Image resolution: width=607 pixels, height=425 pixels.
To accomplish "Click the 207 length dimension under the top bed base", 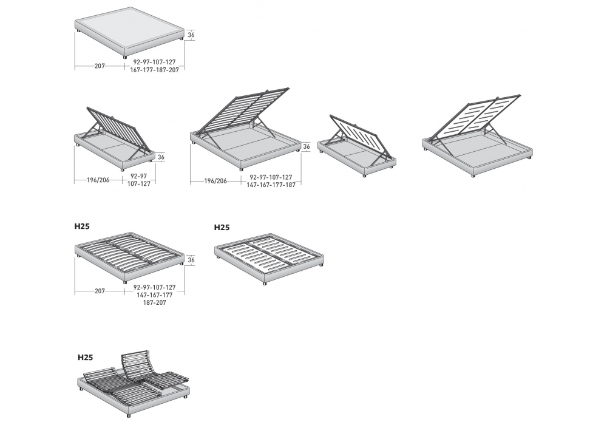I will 100,65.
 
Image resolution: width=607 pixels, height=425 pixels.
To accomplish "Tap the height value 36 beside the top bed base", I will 191,35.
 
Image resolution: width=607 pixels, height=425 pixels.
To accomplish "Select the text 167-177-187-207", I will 154,70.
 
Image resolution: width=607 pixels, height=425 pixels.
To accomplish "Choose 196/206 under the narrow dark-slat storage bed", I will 97,180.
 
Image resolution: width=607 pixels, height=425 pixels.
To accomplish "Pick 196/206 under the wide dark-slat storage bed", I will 215,180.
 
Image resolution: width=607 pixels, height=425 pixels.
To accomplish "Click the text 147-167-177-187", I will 271,185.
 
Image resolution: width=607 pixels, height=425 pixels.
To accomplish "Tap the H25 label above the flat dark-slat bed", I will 82,226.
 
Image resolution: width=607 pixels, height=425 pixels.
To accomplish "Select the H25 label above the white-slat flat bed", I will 222,228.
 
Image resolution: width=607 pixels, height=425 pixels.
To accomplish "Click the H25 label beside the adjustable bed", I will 86,358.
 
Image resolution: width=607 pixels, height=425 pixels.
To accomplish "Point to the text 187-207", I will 154,302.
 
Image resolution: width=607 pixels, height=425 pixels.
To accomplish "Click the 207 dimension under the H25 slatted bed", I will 100,291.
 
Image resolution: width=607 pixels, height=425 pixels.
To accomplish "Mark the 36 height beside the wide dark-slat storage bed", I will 307,146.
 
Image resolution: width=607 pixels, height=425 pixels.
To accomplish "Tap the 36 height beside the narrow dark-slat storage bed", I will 160,157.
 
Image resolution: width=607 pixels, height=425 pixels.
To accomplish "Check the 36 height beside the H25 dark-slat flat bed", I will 191,260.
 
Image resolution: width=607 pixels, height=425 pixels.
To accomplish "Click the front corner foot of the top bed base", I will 126,56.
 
